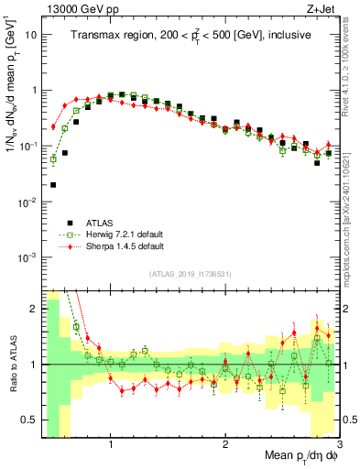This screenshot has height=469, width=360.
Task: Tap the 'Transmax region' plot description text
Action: [x=190, y=35]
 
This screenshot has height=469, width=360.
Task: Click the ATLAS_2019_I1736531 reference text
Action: [x=190, y=274]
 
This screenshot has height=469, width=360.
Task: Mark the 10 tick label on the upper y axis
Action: [x=31, y=35]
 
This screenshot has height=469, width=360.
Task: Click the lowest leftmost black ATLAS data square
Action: [x=53, y=184]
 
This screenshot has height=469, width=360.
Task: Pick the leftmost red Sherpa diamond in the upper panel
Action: [x=53, y=126]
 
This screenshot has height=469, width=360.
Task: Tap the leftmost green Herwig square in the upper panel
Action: [x=53, y=158]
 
